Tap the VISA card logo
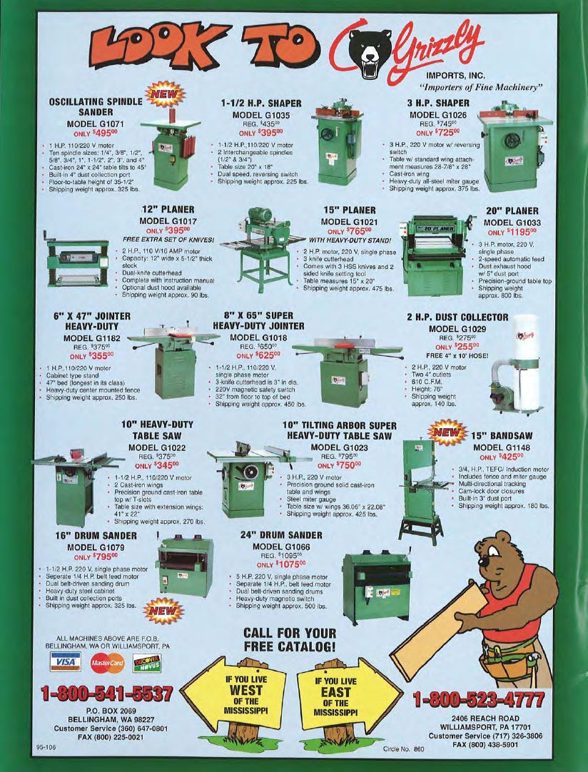pyautogui.click(x=66, y=662)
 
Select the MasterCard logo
pyautogui.click(x=107, y=663)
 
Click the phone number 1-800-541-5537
pyautogui.click(x=107, y=694)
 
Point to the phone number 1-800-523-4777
pyautogui.click(x=479, y=699)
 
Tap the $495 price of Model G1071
pyautogui.click(x=103, y=133)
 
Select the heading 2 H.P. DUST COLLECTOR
pyautogui.click(x=457, y=317)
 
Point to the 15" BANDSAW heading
pyautogui.click(x=502, y=436)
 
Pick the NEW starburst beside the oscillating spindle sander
pyautogui.click(x=164, y=94)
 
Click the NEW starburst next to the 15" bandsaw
pyautogui.click(x=447, y=433)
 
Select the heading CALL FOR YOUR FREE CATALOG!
pyautogui.click(x=290, y=639)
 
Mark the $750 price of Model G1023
pyautogui.click(x=348, y=464)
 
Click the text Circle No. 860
pyautogui.click(x=403, y=749)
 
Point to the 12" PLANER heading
pyautogui.click(x=168, y=210)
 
